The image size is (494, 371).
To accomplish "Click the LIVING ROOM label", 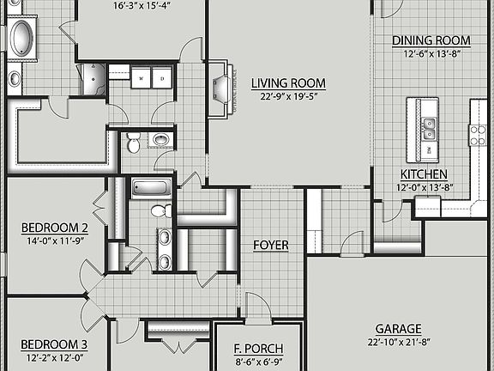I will click(x=288, y=83).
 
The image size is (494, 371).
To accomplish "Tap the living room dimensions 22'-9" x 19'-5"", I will click(x=288, y=96).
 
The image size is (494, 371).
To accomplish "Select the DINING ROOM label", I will click(x=431, y=40).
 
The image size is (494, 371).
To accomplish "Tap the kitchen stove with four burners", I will click(x=476, y=134).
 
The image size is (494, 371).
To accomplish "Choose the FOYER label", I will click(x=270, y=246).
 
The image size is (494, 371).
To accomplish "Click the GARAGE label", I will click(x=398, y=329).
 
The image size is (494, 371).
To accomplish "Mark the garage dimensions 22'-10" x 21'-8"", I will click(x=398, y=343).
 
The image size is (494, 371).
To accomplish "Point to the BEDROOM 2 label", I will click(x=54, y=228).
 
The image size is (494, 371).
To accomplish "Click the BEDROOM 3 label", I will click(x=54, y=344).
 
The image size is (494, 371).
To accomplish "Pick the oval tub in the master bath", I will click(x=21, y=39).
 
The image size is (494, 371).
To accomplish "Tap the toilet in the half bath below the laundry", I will click(x=134, y=143).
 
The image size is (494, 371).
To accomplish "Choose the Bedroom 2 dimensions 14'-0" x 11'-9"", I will click(x=54, y=240).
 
